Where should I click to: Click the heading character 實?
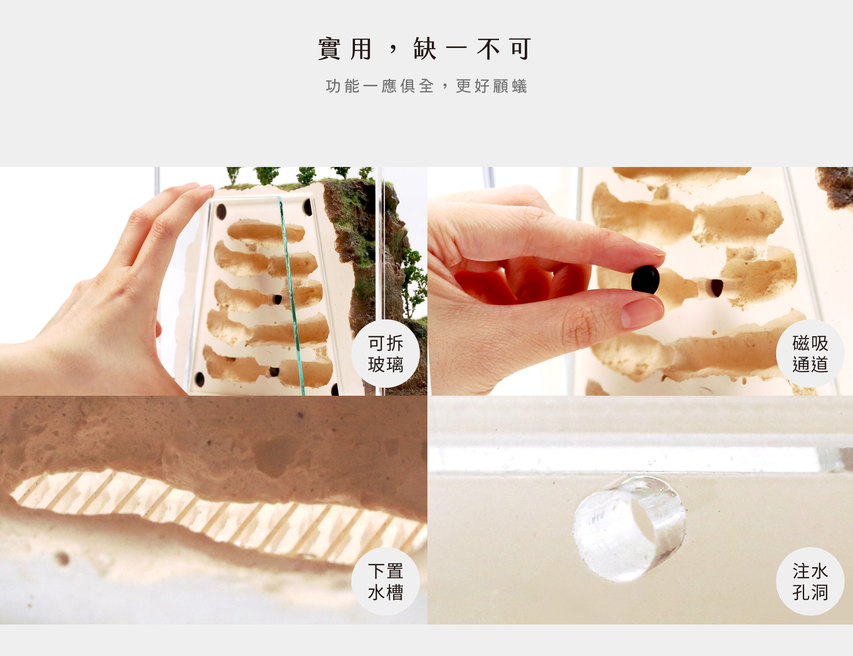coord(330,49)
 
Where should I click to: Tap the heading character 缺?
coord(425,49)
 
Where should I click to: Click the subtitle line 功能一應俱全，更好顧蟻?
coord(426,86)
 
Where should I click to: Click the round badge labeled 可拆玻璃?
coord(386,354)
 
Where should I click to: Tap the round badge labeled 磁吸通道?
coord(810,354)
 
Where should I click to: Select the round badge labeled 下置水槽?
coord(386,581)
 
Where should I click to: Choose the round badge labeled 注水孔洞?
coord(810,581)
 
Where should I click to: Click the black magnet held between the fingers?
coord(646,279)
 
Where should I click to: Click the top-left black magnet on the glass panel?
coord(221,211)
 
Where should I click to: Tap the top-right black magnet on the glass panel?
coord(307,207)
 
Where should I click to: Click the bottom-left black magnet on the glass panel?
coord(200,379)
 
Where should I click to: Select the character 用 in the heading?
coord(361,49)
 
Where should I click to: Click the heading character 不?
coord(488,49)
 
